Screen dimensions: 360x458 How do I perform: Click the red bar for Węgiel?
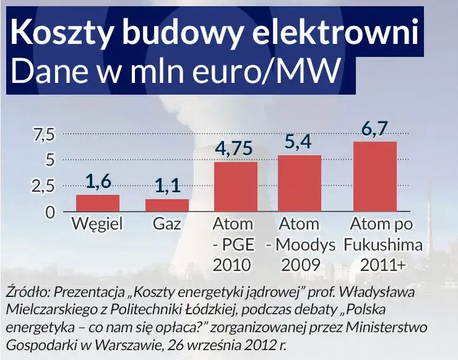(x=98, y=204)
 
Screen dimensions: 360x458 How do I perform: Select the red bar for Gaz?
(x=167, y=205)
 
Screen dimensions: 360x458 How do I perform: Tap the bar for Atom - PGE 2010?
(x=236, y=187)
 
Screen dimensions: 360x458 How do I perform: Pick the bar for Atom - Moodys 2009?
(x=300, y=184)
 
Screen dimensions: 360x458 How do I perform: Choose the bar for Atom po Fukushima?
(x=374, y=177)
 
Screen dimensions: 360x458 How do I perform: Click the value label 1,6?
(x=98, y=181)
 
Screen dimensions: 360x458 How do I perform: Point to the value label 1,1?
(x=167, y=186)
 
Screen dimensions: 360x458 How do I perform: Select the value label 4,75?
(x=236, y=149)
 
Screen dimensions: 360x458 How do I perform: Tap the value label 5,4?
(x=300, y=143)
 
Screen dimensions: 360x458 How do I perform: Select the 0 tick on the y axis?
(x=50, y=212)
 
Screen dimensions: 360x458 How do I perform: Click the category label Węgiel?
(x=98, y=224)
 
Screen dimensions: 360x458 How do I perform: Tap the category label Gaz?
(x=167, y=224)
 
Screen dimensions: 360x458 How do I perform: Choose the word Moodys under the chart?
(x=305, y=244)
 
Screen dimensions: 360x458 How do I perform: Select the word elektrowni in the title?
(x=334, y=34)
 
